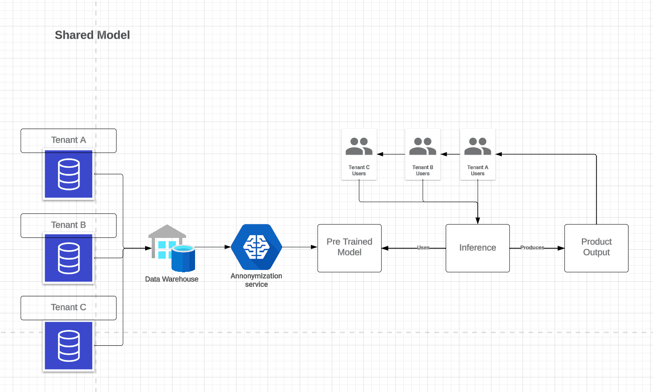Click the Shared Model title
(92, 35)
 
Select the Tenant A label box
(68, 140)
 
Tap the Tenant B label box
(68, 225)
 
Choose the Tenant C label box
(68, 307)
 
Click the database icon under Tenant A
(68, 174)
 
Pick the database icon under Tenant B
(68, 258)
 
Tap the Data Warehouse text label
(171, 279)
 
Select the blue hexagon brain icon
(256, 247)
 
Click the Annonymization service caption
(256, 280)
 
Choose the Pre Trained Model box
(349, 248)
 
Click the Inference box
(477, 248)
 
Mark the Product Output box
(596, 248)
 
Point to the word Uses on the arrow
(423, 247)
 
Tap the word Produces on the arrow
(532, 247)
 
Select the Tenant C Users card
(359, 155)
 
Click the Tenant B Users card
(423, 155)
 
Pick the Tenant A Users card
(477, 155)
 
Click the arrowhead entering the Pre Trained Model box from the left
(314, 247)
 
